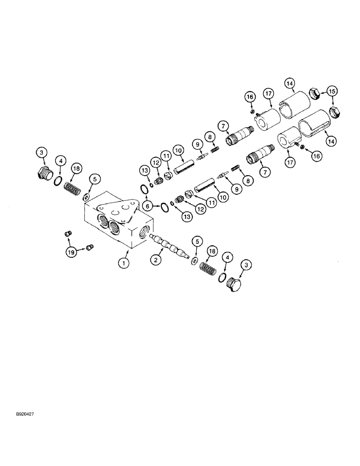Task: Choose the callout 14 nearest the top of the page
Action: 290,84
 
